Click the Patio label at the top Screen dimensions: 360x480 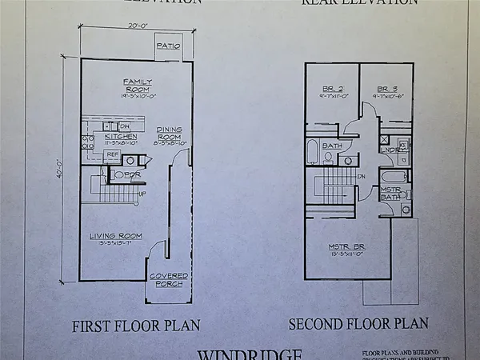(167, 46)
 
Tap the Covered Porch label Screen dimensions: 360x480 (168, 280)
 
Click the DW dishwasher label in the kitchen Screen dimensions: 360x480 (125, 126)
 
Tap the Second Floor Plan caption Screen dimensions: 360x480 (358, 324)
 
